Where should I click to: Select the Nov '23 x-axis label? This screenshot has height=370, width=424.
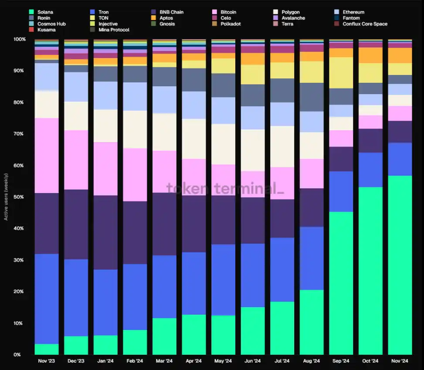pyautogui.click(x=47, y=361)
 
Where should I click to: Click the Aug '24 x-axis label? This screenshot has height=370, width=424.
pyautogui.click(x=312, y=361)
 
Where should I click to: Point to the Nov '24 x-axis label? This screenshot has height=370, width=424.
pyautogui.click(x=400, y=361)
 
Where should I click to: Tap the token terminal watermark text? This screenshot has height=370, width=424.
pyautogui.click(x=225, y=188)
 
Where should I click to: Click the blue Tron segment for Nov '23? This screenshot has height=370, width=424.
pyautogui.click(x=47, y=299)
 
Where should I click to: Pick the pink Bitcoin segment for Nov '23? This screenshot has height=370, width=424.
pyautogui.click(x=47, y=156)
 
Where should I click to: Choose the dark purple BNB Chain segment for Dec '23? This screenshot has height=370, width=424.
pyautogui.click(x=76, y=224)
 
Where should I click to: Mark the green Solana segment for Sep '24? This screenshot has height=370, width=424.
pyautogui.click(x=341, y=283)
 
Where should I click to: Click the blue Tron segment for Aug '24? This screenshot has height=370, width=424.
pyautogui.click(x=312, y=258)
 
